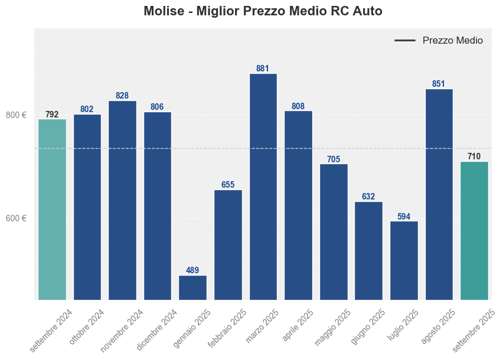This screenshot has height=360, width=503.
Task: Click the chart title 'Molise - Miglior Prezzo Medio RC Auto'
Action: tap(263, 11)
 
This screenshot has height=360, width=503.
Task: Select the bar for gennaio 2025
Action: tap(192, 287)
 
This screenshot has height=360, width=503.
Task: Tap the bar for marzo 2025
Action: tap(263, 186)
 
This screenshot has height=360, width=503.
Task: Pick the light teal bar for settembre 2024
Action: tap(52, 209)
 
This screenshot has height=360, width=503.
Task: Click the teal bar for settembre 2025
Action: tap(474, 230)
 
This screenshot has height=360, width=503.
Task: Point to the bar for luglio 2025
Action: tap(404, 260)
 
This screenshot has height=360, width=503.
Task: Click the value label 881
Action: tap(263, 68)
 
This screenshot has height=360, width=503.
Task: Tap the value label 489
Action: tap(192, 270)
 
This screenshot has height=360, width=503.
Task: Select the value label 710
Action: tap(474, 156)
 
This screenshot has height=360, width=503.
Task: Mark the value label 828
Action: tap(122, 96)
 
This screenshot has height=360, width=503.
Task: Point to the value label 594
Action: tap(404, 217)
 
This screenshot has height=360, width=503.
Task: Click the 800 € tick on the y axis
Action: tap(17, 115)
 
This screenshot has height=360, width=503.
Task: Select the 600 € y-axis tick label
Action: tap(17, 218)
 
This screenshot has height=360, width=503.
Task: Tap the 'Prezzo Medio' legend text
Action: tap(452, 41)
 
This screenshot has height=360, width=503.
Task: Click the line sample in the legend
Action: tap(405, 41)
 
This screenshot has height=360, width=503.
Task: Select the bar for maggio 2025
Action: tap(334, 231)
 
